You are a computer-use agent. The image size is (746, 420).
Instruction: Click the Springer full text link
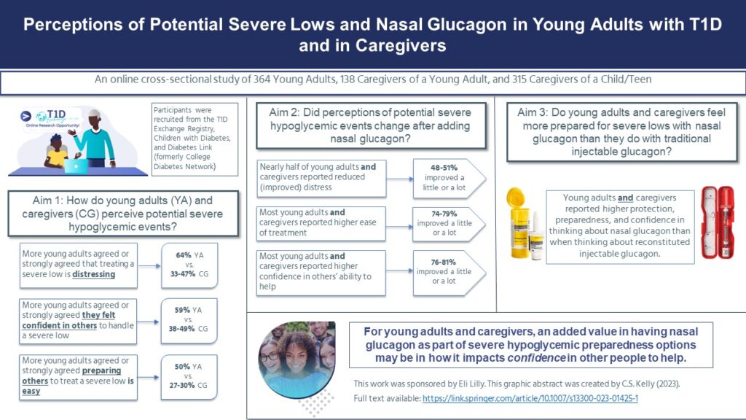click(530, 399)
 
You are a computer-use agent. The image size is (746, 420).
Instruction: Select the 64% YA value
click(189, 255)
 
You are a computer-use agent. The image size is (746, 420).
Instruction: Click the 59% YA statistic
click(189, 310)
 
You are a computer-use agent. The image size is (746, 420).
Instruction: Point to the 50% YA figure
click(189, 367)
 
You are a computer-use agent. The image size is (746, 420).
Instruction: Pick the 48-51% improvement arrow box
click(449, 178)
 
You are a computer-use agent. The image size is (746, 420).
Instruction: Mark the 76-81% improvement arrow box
click(449, 272)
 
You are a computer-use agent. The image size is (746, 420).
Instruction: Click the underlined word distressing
click(94, 274)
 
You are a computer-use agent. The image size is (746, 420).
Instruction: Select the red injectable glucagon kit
click(718, 222)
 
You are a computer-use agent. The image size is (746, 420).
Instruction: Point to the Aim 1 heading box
click(123, 214)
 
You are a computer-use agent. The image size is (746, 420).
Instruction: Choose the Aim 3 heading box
click(622, 132)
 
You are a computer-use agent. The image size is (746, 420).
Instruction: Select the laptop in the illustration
click(76, 166)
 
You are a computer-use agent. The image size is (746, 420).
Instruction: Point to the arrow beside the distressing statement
click(149, 266)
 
